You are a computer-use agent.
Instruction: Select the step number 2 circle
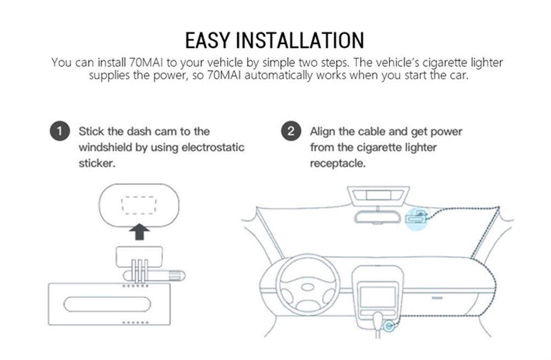(291, 132)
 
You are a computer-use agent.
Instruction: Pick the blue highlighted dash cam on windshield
(417, 218)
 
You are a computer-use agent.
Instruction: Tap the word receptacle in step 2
(338, 164)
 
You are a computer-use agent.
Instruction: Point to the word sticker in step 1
(96, 164)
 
